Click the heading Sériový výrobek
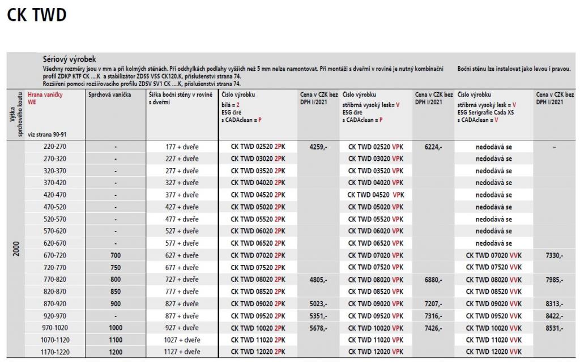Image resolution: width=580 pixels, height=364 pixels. (70, 59)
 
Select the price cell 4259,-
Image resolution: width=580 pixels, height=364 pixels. (318, 147)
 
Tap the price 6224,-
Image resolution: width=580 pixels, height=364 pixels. (433, 147)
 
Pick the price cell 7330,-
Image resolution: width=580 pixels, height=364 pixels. (554, 255)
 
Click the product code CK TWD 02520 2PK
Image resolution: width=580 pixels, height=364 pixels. (258, 147)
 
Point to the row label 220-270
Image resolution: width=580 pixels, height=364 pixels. (54, 147)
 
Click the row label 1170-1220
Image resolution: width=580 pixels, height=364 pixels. (54, 352)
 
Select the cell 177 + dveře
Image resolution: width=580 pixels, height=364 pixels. (182, 147)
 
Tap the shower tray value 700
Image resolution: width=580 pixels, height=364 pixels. (116, 255)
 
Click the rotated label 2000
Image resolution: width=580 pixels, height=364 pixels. (16, 249)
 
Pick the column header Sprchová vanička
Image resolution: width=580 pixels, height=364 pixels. (109, 95)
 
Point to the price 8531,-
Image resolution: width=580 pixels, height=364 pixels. (554, 328)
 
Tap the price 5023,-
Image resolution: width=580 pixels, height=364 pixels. (318, 303)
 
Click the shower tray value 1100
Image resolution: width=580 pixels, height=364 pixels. (116, 340)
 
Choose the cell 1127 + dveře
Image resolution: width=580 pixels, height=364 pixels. (182, 352)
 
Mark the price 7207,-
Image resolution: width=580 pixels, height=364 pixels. (433, 303)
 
